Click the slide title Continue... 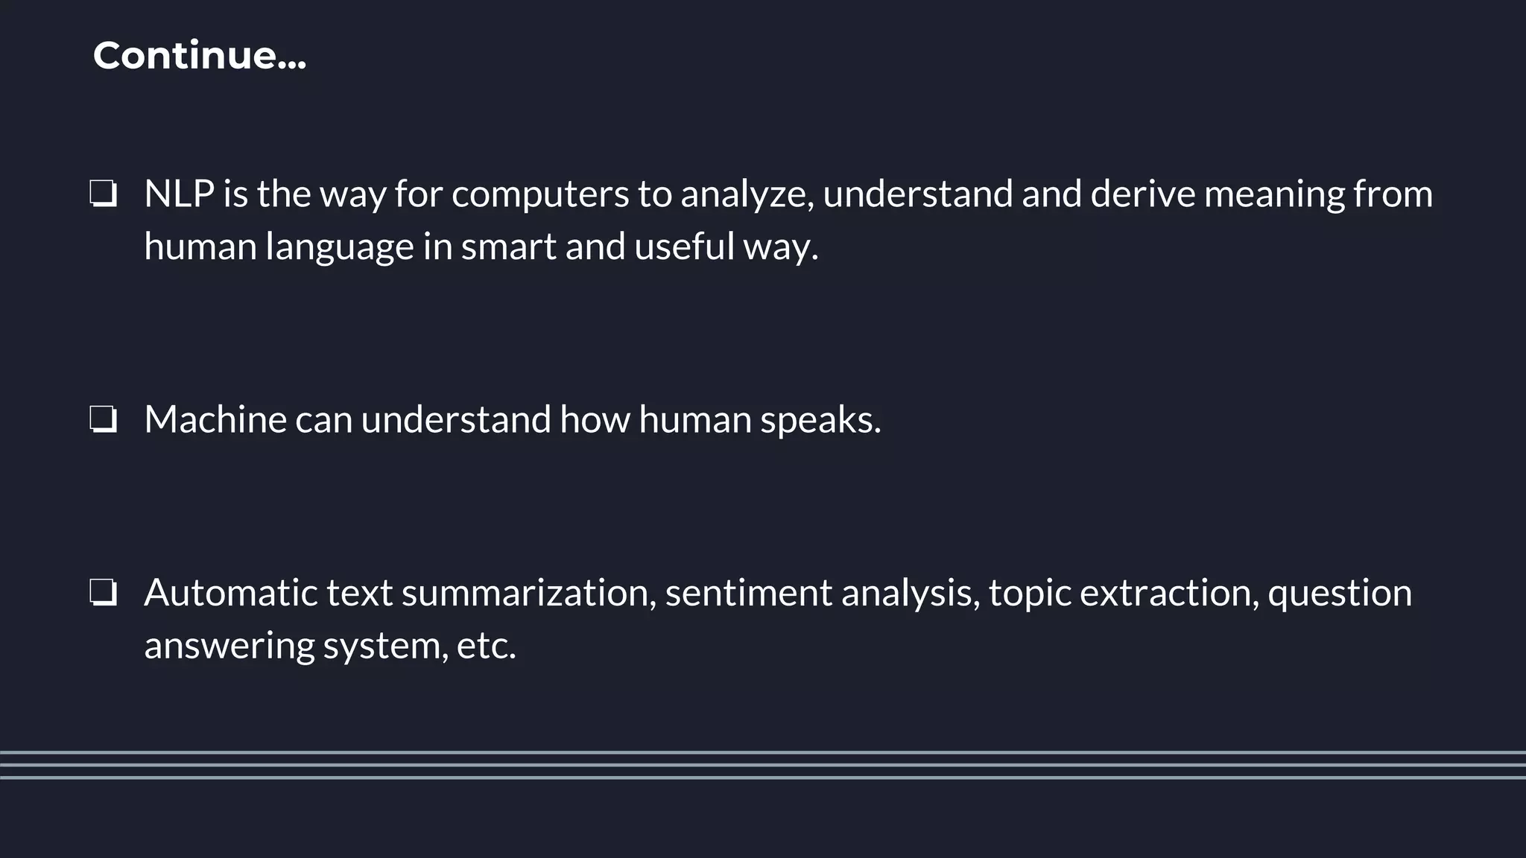(x=199, y=56)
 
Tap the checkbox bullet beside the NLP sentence (x=103, y=194)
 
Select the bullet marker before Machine (x=103, y=419)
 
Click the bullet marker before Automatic (x=103, y=593)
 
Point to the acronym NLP (x=179, y=194)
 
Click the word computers (x=540, y=195)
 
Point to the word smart (x=508, y=247)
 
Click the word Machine (x=215, y=419)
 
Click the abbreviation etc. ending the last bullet (x=486, y=646)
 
